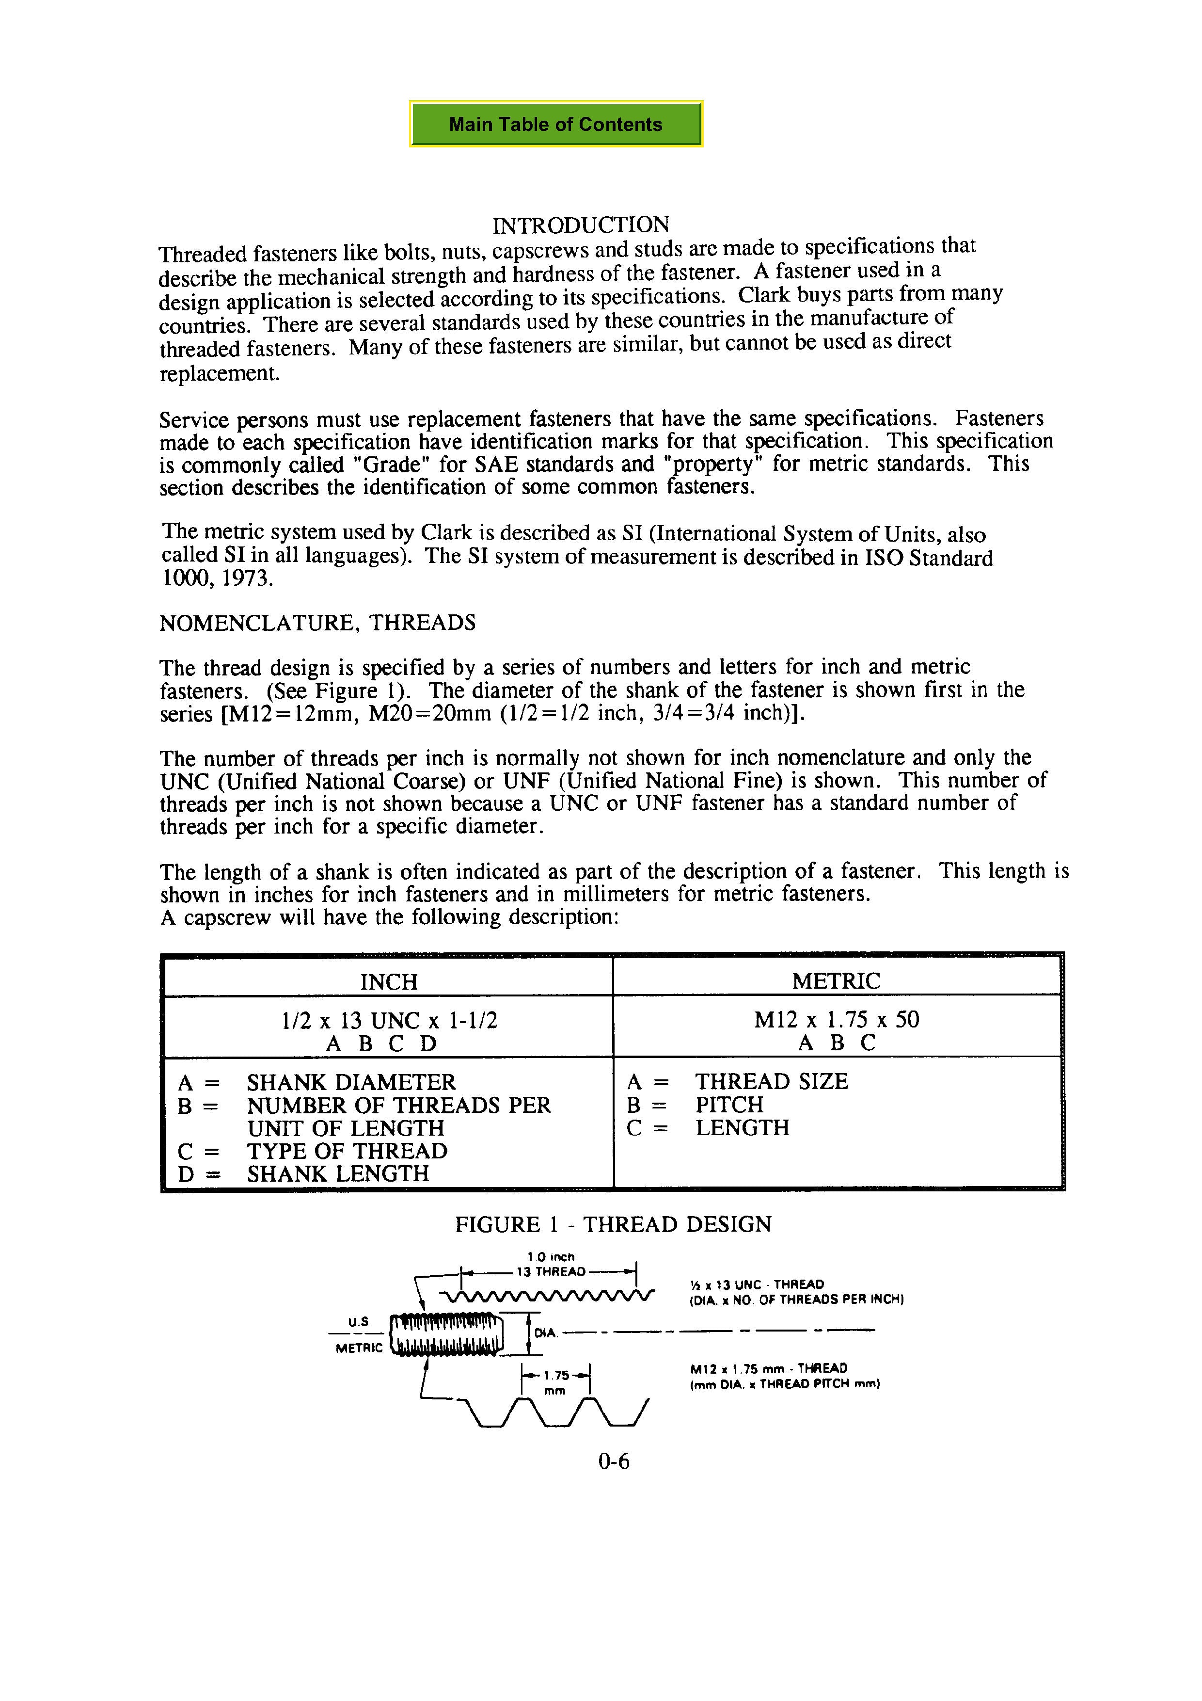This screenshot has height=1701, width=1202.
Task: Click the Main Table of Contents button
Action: click(x=555, y=124)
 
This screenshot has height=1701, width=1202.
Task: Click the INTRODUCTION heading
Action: click(x=581, y=225)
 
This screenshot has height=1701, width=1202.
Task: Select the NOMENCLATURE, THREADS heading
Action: click(x=317, y=622)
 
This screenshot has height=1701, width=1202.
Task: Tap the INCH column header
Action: click(x=389, y=981)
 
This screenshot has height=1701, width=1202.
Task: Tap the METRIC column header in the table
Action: click(x=836, y=981)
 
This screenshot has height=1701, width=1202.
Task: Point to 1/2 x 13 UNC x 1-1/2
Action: click(x=390, y=1020)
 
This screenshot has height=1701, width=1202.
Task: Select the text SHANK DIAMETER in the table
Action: click(x=351, y=1082)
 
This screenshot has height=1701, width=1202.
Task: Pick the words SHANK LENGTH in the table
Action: click(x=338, y=1173)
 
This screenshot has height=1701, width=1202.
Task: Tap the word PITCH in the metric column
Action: click(x=729, y=1105)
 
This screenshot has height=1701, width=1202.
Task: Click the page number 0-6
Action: click(x=614, y=1461)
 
